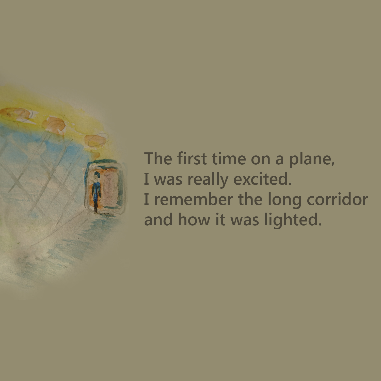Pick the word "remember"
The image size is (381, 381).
193,199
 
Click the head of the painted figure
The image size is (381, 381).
96,174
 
